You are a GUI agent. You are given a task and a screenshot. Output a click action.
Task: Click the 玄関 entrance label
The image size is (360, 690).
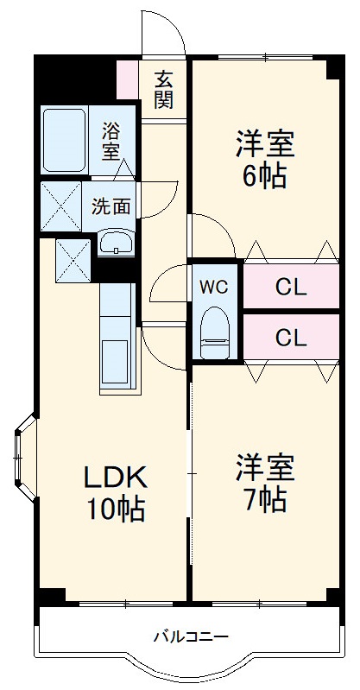(164, 88)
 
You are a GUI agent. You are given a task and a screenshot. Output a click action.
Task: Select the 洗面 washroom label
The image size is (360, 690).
(112, 206)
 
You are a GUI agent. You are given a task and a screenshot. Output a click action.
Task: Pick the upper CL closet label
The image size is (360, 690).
(291, 288)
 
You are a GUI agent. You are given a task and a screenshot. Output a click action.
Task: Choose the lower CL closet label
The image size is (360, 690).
(291, 338)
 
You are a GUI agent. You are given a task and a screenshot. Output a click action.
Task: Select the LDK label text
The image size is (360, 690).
(116, 477)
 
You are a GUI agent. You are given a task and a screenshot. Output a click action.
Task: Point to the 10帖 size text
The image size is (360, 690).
(116, 510)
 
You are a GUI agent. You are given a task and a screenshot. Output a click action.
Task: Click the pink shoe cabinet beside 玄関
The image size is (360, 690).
(127, 79)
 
